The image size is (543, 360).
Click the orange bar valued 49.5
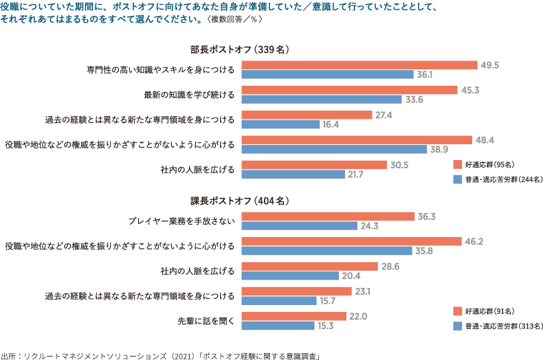(x=359, y=65)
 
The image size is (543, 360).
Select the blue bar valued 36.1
(x=327, y=74)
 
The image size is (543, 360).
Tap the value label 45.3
(x=471, y=90)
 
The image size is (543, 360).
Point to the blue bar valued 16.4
(x=281, y=124)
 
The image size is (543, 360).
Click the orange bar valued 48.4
(x=357, y=140)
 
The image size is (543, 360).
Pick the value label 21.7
(x=355, y=175)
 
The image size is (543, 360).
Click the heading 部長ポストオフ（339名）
(x=242, y=49)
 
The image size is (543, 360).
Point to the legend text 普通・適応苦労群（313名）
(x=502, y=326)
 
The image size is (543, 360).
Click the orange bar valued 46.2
(x=351, y=241)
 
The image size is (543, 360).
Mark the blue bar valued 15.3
(x=278, y=325)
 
